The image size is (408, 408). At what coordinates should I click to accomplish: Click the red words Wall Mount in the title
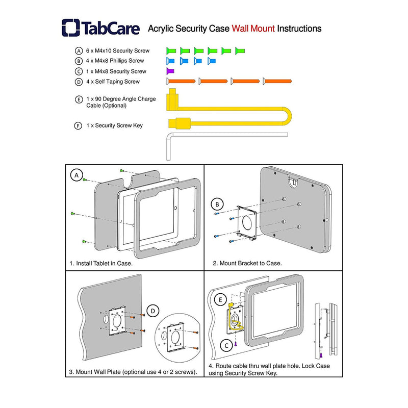click(x=252, y=29)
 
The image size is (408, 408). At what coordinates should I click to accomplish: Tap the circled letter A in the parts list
click(x=79, y=51)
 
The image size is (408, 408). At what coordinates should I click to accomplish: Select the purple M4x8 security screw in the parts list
click(x=171, y=71)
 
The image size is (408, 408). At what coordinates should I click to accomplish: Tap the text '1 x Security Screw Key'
click(x=114, y=125)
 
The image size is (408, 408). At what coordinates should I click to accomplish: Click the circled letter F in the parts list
click(x=78, y=125)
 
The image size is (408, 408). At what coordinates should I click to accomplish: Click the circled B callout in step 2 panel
click(x=218, y=205)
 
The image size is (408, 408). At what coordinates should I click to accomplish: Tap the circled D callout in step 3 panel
click(x=152, y=310)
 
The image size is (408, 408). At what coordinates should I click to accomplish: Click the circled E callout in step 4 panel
click(x=221, y=300)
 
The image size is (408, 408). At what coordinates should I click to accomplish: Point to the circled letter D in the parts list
click(x=79, y=82)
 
